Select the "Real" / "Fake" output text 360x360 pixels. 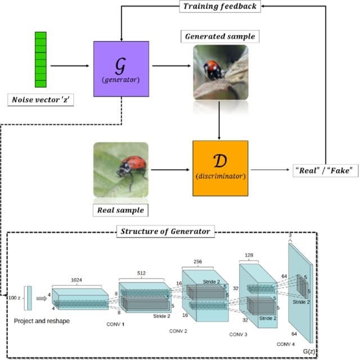pyautogui.click(x=326, y=170)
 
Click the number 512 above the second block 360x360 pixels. pyautogui.click(x=141, y=273)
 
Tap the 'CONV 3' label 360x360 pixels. pyautogui.click(x=238, y=334)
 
